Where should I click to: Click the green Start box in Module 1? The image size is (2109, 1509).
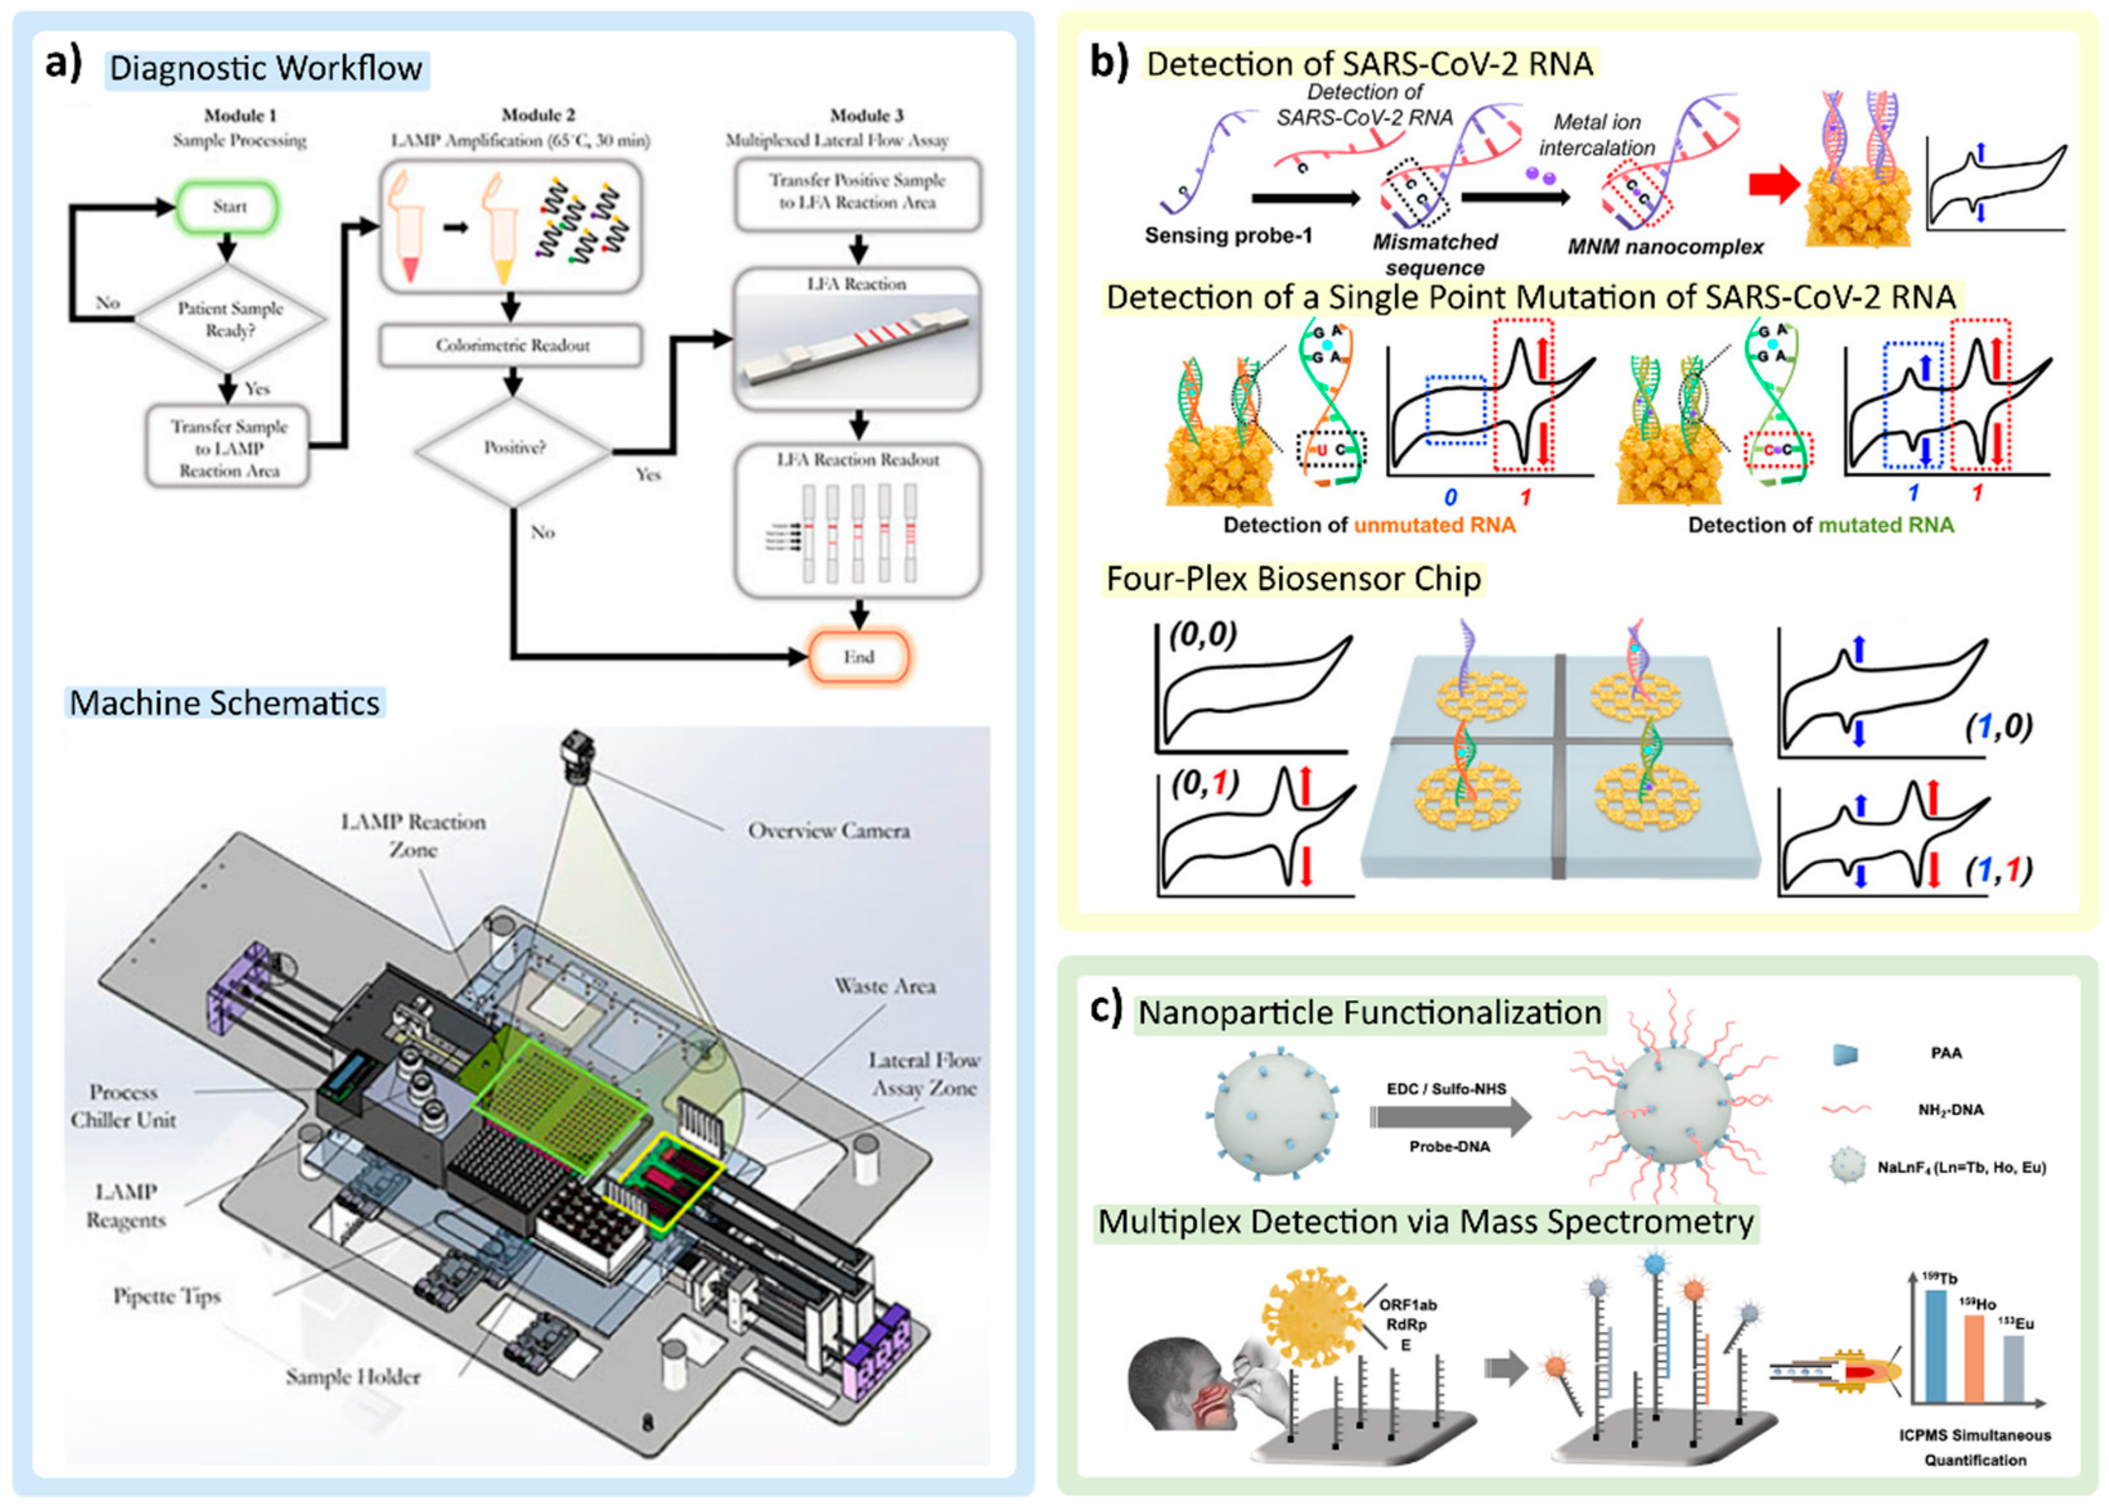[x=228, y=207]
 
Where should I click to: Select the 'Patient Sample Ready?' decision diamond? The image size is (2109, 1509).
[x=230, y=319]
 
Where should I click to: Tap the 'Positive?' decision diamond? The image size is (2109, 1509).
[x=514, y=449]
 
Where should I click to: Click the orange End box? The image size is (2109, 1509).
[x=858, y=658]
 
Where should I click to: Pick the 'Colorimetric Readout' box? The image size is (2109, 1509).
[x=512, y=346]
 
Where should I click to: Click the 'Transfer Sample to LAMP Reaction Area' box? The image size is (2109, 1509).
[x=228, y=448]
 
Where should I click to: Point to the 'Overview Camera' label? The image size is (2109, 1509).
[x=829, y=831]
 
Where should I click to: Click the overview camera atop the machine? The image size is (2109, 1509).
[x=578, y=754]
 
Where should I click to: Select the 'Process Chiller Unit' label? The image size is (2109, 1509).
[x=123, y=1106]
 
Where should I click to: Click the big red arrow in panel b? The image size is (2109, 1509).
[x=1773, y=185]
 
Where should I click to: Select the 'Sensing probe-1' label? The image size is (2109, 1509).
[x=1227, y=236]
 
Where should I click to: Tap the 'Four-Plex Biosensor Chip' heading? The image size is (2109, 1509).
[x=1292, y=579]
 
